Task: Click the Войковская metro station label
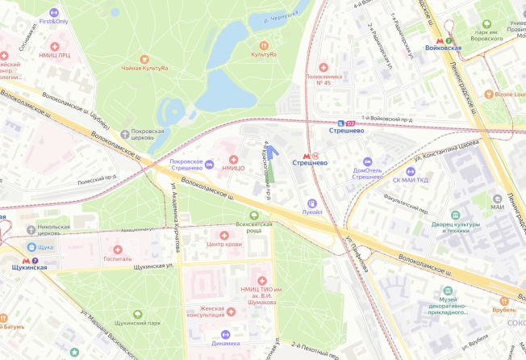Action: pyautogui.click(x=443, y=48)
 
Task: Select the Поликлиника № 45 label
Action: pyautogui.click(x=324, y=78)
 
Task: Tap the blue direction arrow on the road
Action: pyautogui.click(x=271, y=150)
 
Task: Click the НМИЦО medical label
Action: pyautogui.click(x=233, y=168)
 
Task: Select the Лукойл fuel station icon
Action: pyautogui.click(x=312, y=202)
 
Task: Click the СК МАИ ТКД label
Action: pyautogui.click(x=416, y=180)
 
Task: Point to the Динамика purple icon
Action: pyautogui.click(x=226, y=334)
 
